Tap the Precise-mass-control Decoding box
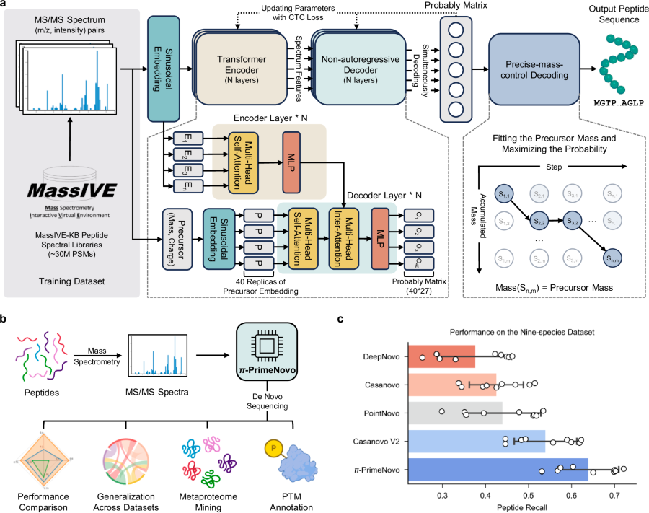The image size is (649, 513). click(533, 70)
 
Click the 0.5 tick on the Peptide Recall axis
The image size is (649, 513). click(529, 496)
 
